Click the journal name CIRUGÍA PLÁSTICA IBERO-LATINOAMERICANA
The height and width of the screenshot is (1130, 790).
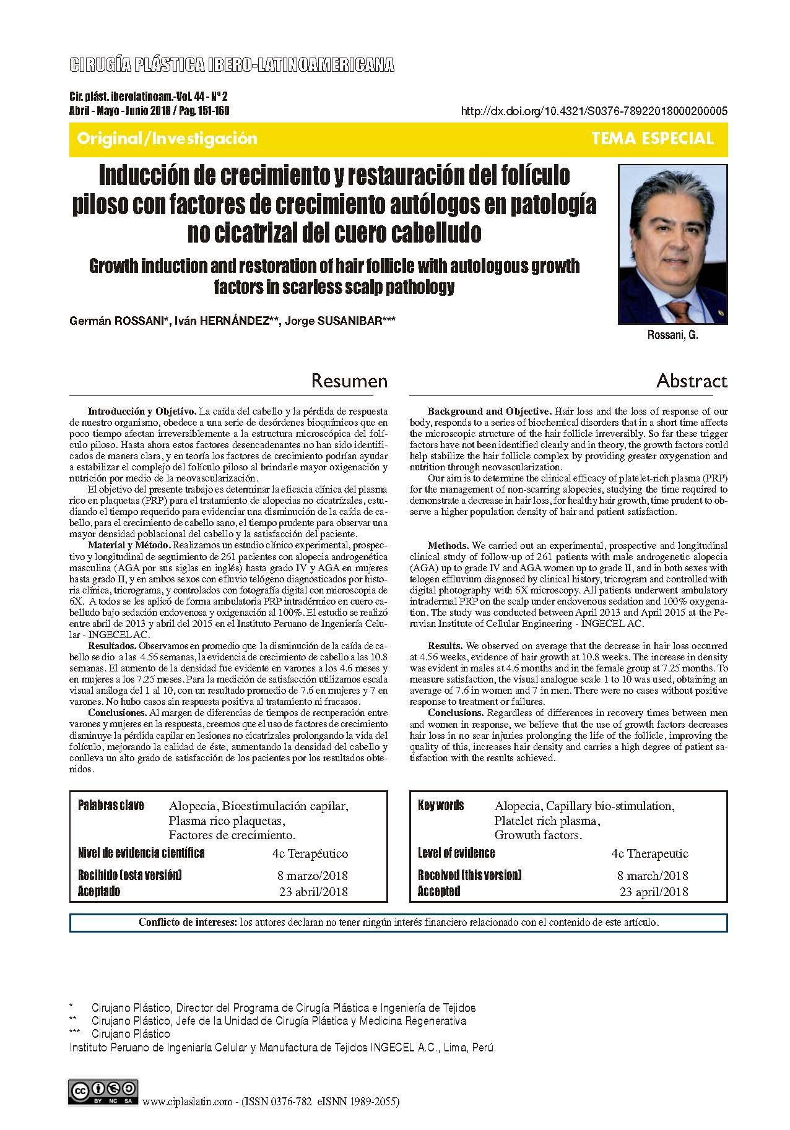(x=232, y=66)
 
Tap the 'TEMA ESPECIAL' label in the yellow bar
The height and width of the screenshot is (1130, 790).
(x=653, y=139)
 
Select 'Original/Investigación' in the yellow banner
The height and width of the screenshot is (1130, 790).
(x=167, y=139)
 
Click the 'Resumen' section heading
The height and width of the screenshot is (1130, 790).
(x=349, y=380)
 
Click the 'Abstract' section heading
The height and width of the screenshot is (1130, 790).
(x=692, y=380)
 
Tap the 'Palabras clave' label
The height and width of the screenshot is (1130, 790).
(x=111, y=805)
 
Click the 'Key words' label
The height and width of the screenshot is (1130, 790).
(x=441, y=805)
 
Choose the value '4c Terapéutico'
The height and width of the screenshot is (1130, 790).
(x=310, y=854)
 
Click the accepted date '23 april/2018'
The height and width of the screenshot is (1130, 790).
(x=653, y=892)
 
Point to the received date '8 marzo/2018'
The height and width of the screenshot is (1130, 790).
(x=312, y=876)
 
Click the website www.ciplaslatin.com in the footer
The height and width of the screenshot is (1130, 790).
(x=187, y=1102)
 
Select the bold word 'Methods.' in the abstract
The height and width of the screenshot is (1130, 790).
(x=448, y=546)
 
